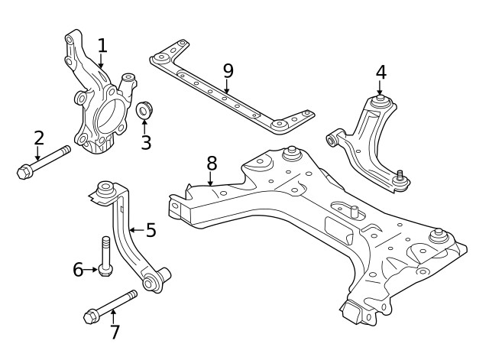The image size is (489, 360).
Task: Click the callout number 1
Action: pos(102,45)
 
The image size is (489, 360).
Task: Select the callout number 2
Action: pos(38,138)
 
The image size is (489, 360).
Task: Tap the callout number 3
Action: pos(145,142)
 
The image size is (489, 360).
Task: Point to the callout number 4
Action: pos(381,73)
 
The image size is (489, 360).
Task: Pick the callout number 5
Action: pos(151,229)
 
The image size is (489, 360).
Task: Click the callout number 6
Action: pos(78,269)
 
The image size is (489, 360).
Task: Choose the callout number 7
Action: pos(115,332)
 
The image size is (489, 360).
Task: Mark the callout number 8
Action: pos(212,163)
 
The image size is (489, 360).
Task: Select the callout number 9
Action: pos(227,70)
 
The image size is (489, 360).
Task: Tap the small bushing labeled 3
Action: pos(144,111)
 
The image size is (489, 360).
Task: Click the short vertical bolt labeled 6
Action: pos(105,255)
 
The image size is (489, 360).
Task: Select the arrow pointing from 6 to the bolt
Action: pos(89,269)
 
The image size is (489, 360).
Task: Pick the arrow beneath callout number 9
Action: pos(227,86)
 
